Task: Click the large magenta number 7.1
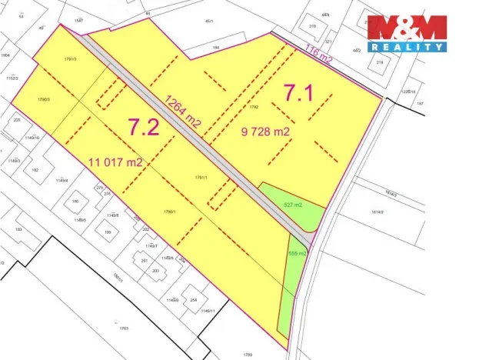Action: pyautogui.click(x=299, y=93)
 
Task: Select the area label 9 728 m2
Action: pyautogui.click(x=264, y=132)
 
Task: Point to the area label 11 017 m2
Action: pyautogui.click(x=116, y=162)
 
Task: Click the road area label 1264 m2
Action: pyautogui.click(x=185, y=113)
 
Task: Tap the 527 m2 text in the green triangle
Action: pyautogui.click(x=294, y=205)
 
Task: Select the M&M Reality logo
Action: pyautogui.click(x=406, y=33)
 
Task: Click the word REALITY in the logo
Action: pyautogui.click(x=407, y=47)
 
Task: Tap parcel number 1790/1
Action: pyautogui.click(x=171, y=213)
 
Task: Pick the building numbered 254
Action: pyautogui.click(x=194, y=299)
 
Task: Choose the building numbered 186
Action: pyautogui.click(x=75, y=202)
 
